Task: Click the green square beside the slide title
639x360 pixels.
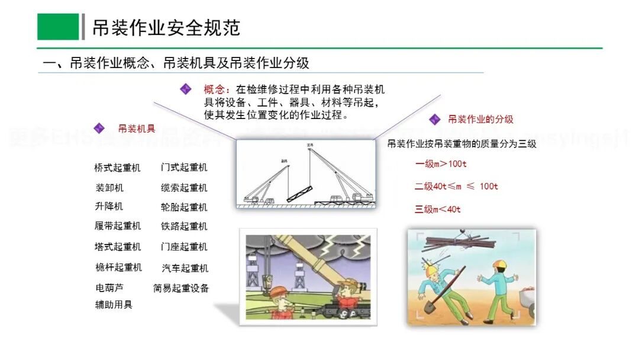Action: tap(58, 27)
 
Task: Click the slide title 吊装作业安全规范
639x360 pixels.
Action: tap(166, 27)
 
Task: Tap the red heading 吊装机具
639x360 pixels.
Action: tap(137, 128)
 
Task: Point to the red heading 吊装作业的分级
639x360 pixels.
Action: tap(480, 119)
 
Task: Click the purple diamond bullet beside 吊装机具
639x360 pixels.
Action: tap(99, 128)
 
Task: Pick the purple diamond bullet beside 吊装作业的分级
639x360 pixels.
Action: tap(435, 120)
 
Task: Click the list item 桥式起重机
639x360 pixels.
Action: tap(117, 168)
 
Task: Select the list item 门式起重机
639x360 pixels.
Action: tap(184, 168)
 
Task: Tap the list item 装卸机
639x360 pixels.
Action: tap(109, 188)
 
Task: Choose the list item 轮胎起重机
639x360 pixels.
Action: tap(184, 207)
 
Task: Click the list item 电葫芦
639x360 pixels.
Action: tap(109, 288)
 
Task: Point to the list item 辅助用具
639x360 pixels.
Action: tap(114, 304)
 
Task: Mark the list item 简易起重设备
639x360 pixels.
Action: tap(181, 288)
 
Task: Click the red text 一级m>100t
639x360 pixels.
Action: tap(441, 163)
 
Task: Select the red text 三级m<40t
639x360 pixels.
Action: tap(438, 209)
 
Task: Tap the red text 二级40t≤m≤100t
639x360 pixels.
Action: tap(456, 186)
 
